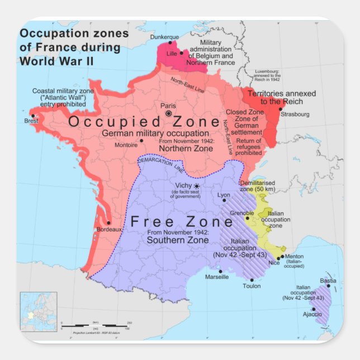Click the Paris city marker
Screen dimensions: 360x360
coord(168,113)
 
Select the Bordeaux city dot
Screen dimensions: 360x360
coord(108,222)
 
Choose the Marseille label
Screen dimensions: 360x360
coord(217,277)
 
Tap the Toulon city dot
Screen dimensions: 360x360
coord(252,280)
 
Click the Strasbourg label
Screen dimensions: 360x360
coord(295,114)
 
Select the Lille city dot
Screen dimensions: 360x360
coord(181,53)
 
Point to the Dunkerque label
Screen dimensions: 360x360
coord(166,36)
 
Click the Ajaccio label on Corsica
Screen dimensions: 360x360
coord(312,315)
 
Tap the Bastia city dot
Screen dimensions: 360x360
coord(329,286)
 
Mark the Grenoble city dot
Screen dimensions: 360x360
coord(248,218)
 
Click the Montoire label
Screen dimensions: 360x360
coord(126,145)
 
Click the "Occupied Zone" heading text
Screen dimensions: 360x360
coord(144,122)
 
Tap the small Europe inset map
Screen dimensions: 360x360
coord(39,311)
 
